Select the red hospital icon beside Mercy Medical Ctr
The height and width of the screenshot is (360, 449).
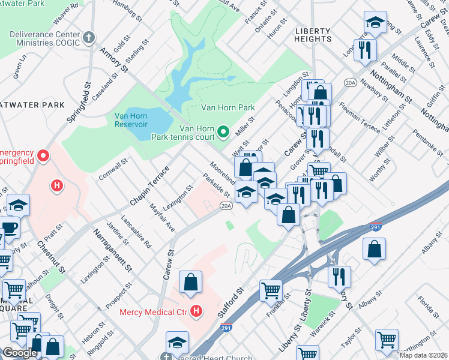196,311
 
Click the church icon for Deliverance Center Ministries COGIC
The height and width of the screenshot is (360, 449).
88,38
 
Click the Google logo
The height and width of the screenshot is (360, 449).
20,353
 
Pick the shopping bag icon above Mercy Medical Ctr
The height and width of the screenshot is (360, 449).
190,283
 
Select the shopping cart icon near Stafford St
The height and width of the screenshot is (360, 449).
271,290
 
